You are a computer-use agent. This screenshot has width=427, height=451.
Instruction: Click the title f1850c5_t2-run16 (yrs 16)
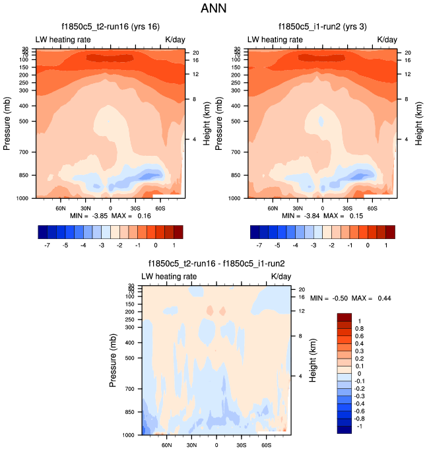point(110,26)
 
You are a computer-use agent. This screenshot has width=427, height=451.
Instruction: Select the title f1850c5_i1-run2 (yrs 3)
point(322,26)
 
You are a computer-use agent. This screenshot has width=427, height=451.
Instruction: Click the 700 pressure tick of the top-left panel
point(26,153)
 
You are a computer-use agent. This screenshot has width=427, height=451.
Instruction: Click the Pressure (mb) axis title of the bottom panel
point(114,359)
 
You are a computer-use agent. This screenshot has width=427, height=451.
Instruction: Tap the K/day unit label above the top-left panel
point(175,40)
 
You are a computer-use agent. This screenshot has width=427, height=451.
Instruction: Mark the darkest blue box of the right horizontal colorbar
point(255,232)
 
